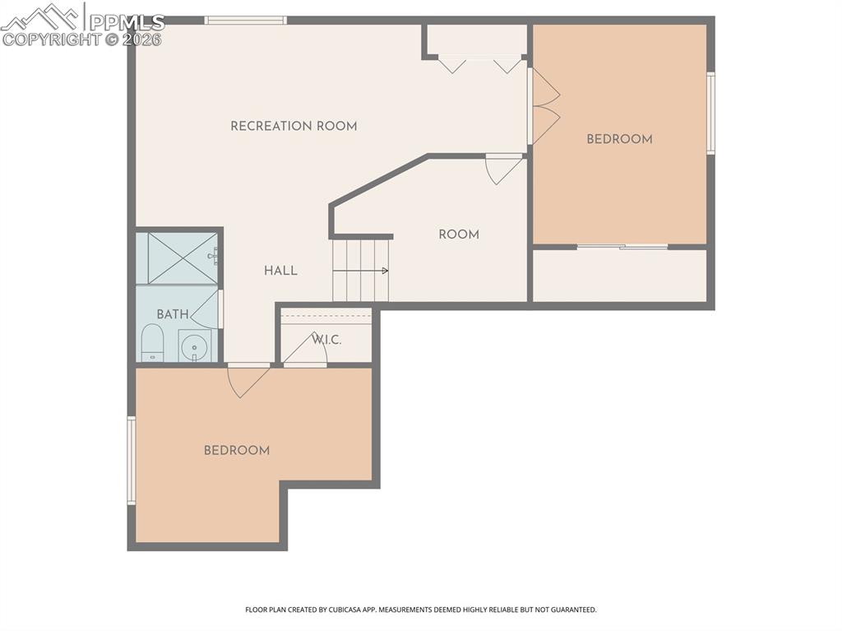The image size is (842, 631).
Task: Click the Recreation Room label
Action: point(294,126)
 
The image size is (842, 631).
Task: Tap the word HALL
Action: point(280,271)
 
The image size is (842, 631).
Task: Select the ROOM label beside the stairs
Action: point(458,234)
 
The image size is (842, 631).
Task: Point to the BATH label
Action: point(172,314)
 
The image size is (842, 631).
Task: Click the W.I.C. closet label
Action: point(326,340)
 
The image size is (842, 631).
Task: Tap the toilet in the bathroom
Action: point(152,343)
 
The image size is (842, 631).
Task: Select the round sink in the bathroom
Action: point(195,347)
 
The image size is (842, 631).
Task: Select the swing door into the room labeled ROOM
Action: point(503,168)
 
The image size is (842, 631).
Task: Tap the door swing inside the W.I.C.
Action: point(306,350)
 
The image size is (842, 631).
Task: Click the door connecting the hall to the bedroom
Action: point(248,379)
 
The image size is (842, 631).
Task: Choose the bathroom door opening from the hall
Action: point(208,310)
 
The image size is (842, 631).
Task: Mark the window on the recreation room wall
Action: point(245,20)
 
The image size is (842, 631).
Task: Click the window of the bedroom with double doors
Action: point(710,113)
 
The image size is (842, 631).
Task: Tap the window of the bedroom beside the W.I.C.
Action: point(131,461)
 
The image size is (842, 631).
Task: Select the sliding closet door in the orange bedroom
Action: point(622,246)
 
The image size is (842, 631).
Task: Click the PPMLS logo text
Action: point(127,22)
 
